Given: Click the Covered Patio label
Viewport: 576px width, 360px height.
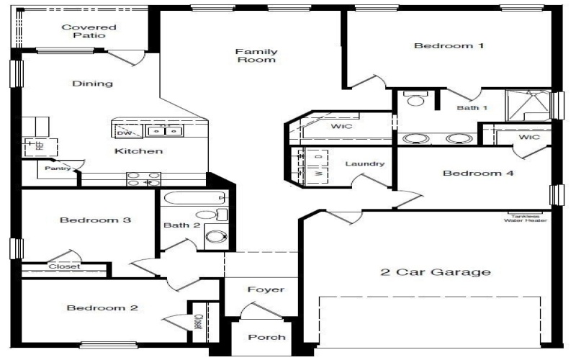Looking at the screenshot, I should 89,31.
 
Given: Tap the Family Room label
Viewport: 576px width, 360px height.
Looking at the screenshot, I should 256,55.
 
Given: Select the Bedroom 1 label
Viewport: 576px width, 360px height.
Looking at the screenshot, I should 448,46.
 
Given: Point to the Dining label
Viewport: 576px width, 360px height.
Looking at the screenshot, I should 93,84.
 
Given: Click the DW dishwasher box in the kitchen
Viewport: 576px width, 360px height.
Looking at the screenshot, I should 124,132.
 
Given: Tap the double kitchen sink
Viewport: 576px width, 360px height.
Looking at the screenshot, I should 165,131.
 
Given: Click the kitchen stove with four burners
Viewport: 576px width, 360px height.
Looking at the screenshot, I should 143,179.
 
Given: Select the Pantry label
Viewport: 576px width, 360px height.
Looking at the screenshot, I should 58,168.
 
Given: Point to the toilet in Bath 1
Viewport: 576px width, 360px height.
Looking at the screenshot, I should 415,101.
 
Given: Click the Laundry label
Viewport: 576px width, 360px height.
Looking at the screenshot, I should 365,164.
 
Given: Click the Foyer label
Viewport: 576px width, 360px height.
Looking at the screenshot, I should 266,290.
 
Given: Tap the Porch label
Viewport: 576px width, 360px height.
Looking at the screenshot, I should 266,337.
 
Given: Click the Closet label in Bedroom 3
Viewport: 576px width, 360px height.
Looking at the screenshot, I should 64,266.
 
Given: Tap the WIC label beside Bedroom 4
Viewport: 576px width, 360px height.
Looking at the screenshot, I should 529,137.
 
